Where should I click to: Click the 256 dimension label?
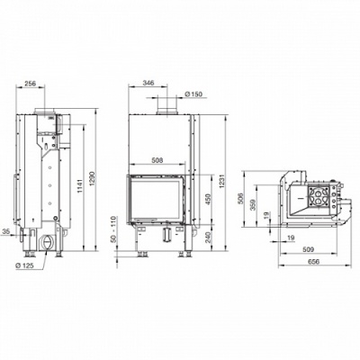click(x=30, y=84)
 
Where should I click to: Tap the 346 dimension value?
click(x=148, y=83)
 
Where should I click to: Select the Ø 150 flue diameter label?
click(x=193, y=94)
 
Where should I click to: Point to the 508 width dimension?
click(x=157, y=160)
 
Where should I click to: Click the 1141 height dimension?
click(x=80, y=187)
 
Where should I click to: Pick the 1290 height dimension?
click(x=92, y=179)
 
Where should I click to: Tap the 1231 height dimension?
click(x=221, y=182)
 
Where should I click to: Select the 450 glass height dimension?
click(x=209, y=198)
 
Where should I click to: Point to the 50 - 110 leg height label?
click(x=113, y=229)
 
